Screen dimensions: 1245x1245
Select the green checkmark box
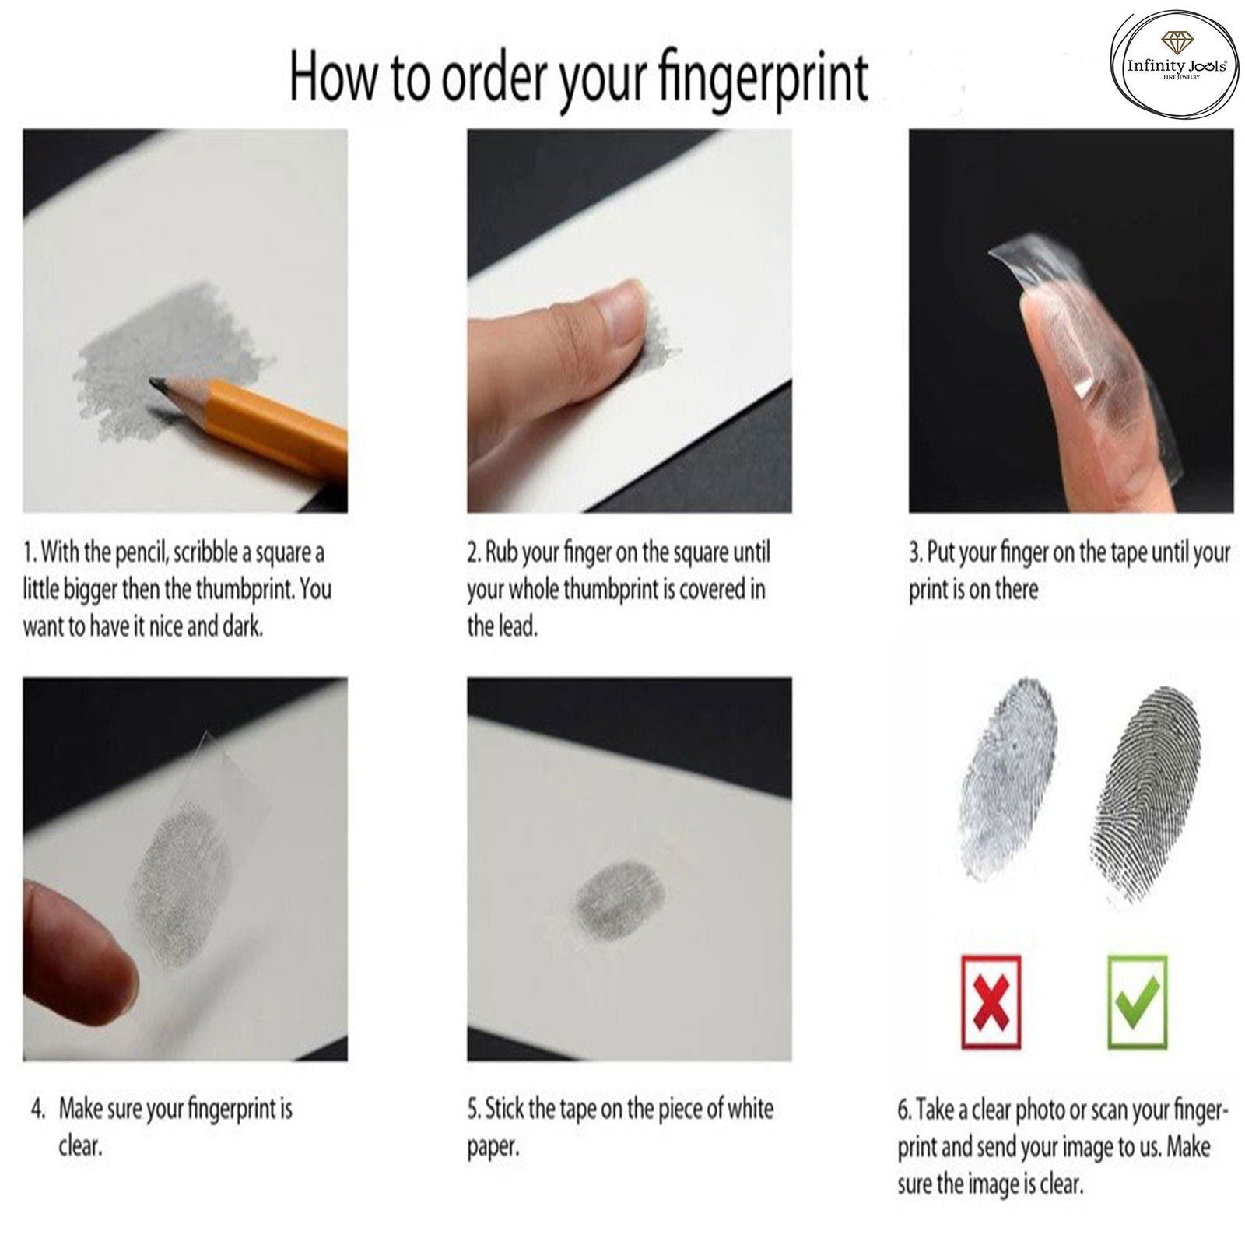pos(1136,1000)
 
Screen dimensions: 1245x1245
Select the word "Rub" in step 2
pos(502,553)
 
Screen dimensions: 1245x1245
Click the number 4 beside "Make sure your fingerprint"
pos(37,1109)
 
